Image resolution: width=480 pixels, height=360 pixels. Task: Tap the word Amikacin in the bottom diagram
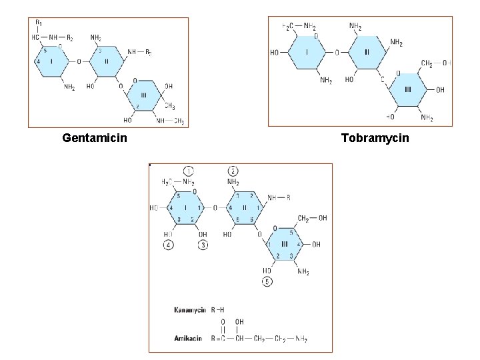coord(189,339)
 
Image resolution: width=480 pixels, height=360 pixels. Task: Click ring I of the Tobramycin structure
coord(307,51)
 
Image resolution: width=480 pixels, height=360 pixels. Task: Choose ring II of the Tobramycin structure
coord(366,51)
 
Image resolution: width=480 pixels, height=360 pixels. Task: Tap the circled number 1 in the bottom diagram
coord(189,171)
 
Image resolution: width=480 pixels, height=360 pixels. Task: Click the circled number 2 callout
coord(233,171)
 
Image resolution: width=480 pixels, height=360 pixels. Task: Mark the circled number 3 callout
coord(203,245)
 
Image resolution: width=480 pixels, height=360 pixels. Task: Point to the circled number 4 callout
coord(168,245)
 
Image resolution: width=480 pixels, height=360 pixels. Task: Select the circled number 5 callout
coord(267,281)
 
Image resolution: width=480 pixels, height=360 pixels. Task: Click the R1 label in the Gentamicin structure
coord(39,24)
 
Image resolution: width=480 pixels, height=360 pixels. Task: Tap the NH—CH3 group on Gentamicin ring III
coord(170,121)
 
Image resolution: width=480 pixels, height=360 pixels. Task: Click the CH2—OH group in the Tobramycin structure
coord(436,63)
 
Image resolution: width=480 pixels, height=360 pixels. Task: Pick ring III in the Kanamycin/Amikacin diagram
coord(285,244)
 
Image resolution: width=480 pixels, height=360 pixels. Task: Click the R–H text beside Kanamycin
coord(219,310)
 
